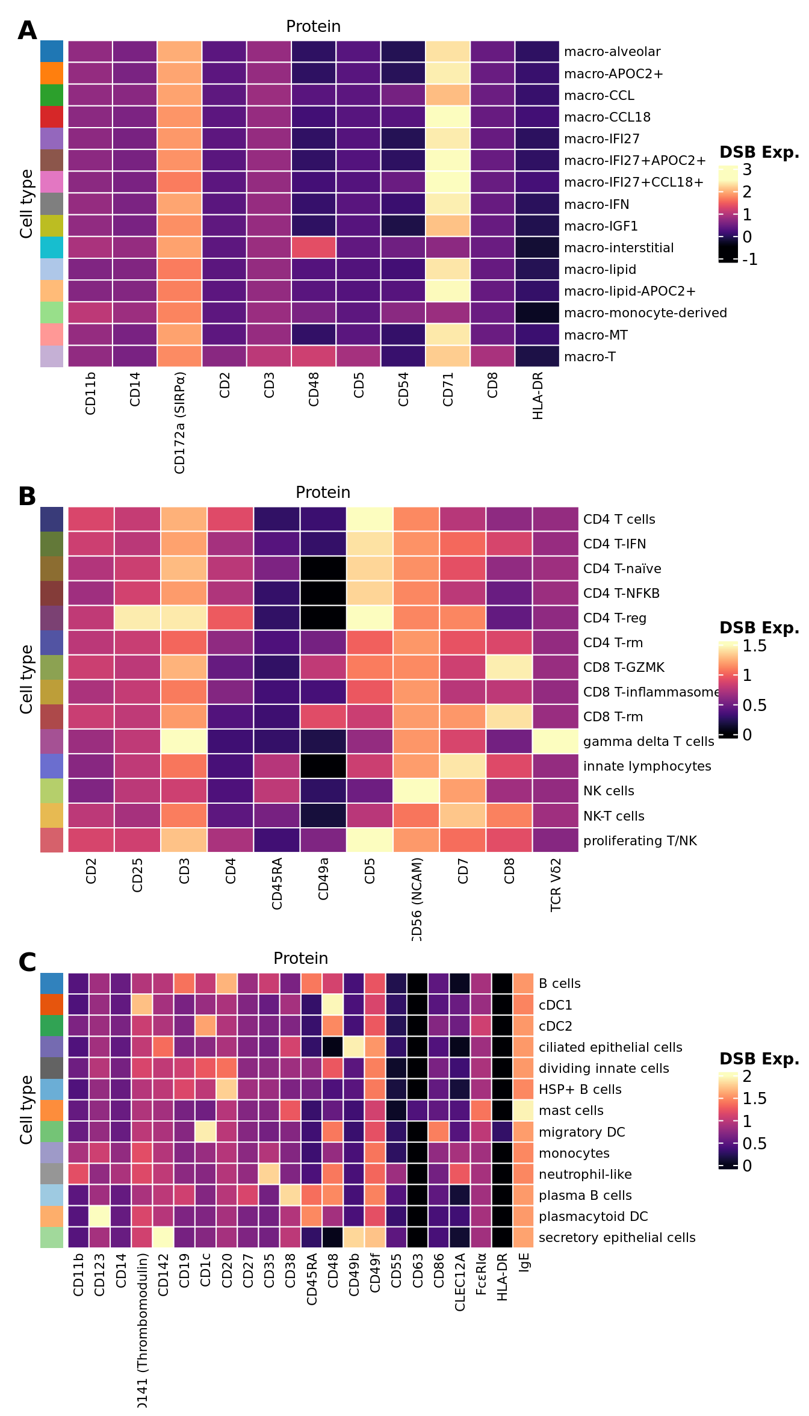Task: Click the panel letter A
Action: [x=27, y=31]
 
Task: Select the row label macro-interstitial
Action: [x=619, y=247]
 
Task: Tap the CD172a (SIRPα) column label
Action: [x=179, y=423]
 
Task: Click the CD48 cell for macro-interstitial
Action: [x=314, y=247]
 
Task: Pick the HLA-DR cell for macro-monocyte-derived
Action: [x=538, y=312]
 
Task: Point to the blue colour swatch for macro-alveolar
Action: [x=52, y=51]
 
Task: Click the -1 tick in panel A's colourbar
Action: [x=749, y=259]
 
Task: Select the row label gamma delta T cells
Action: [x=648, y=741]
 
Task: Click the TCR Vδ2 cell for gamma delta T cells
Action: [x=556, y=741]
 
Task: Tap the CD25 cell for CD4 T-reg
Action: [x=138, y=618]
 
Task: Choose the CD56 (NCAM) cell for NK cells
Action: [x=417, y=790]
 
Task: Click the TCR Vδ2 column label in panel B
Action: [x=556, y=884]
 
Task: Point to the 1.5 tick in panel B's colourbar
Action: [x=754, y=646]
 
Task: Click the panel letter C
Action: [x=27, y=963]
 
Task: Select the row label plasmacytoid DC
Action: [x=593, y=1216]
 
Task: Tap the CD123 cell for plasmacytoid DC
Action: [x=100, y=1216]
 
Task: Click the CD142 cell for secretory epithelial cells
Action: [x=163, y=1237]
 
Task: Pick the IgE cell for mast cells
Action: [x=524, y=1110]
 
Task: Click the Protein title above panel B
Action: [x=323, y=492]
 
